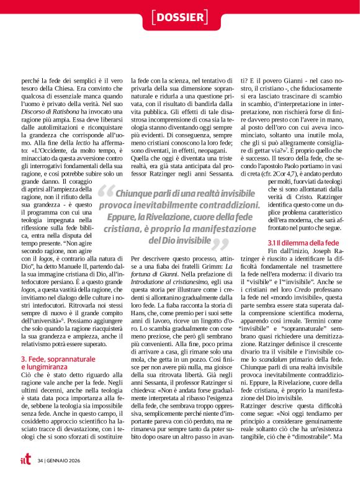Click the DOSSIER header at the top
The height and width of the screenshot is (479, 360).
[x=179, y=15]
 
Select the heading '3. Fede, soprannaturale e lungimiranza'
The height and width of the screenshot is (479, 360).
[x=59, y=363]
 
